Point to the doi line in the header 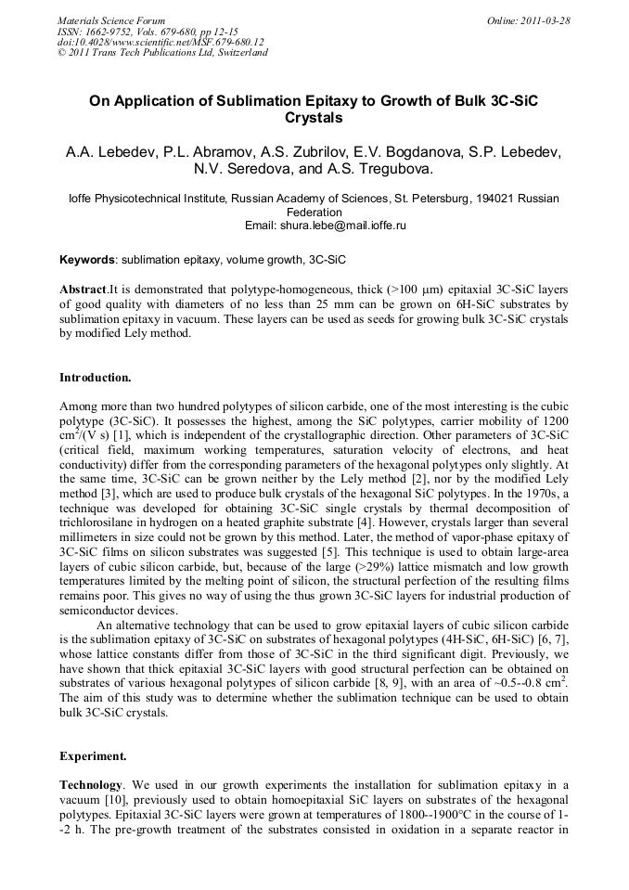pos(160,42)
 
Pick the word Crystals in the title pos(314,118)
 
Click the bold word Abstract pos(83,289)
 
